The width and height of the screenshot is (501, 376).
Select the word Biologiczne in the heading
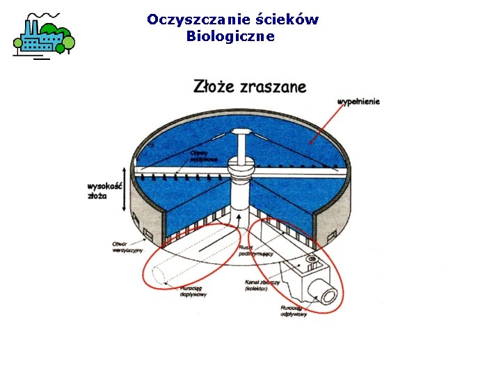pyautogui.click(x=230, y=36)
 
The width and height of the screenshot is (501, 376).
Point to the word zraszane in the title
pyautogui.click(x=272, y=88)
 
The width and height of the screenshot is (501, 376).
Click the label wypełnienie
pyautogui.click(x=359, y=102)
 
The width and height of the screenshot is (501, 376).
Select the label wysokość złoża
pyautogui.click(x=105, y=191)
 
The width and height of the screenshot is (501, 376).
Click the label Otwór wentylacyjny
pyautogui.click(x=127, y=246)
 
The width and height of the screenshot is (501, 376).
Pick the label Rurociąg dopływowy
pyautogui.click(x=193, y=291)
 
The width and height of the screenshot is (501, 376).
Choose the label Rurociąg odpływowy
pyautogui.click(x=294, y=311)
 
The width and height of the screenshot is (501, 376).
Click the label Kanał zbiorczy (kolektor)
pyautogui.click(x=262, y=285)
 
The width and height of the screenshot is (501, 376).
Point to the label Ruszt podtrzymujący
pyautogui.click(x=250, y=251)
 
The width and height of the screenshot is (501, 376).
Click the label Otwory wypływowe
pyautogui.click(x=204, y=156)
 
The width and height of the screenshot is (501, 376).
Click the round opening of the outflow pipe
pyautogui.click(x=328, y=296)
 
